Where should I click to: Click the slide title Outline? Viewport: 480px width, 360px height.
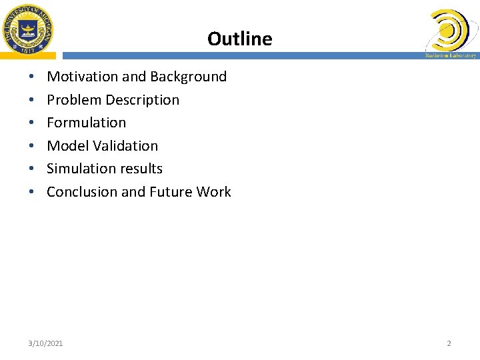pos(239,39)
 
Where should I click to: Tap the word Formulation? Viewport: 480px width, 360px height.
pos(86,123)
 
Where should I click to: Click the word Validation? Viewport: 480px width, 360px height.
pos(126,145)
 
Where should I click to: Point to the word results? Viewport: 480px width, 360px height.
pos(141,169)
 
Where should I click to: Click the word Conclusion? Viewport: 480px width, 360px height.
pos(82,192)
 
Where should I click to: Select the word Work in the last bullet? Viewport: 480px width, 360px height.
pos(214,192)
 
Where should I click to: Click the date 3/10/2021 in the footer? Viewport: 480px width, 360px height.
pos(46,343)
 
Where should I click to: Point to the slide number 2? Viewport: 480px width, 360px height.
pos(449,343)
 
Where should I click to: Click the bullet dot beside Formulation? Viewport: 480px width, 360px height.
pos(32,123)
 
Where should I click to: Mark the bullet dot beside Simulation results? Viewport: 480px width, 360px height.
pos(32,169)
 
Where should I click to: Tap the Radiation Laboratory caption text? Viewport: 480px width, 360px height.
pos(451,55)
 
